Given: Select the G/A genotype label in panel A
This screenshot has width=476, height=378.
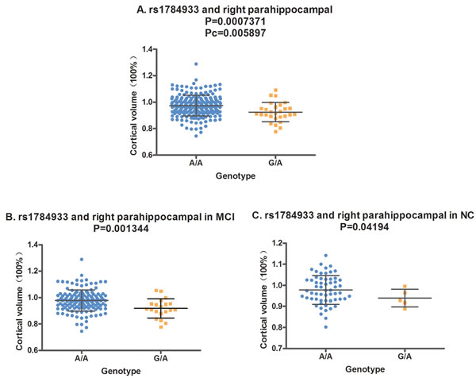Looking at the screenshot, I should click(x=274, y=163).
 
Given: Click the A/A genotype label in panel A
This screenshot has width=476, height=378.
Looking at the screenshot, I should click(x=195, y=163).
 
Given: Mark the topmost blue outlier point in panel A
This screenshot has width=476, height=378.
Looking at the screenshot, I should click(x=195, y=64).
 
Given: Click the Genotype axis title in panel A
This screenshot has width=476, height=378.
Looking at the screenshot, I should click(x=235, y=175).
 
